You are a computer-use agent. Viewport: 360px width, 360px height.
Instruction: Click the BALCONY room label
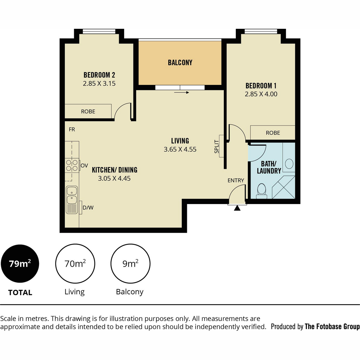point(180,63)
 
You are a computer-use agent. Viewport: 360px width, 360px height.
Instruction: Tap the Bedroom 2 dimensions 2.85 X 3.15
point(99,83)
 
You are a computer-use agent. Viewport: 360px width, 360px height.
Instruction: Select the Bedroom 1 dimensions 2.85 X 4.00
point(261,94)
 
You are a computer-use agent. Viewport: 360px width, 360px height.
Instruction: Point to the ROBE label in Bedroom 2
point(88,112)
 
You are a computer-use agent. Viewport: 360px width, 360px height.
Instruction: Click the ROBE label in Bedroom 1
point(273,133)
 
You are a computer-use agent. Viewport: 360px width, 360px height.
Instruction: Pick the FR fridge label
point(72,130)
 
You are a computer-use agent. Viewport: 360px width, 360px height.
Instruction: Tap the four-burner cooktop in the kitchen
point(72,166)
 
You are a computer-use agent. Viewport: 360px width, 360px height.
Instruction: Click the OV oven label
point(84,166)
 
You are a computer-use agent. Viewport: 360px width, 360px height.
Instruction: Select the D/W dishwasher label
point(88,208)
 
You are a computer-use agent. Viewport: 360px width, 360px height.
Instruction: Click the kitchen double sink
point(72,200)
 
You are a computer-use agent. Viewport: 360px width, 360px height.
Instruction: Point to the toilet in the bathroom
point(262,191)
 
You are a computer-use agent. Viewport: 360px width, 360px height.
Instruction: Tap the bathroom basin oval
point(289,164)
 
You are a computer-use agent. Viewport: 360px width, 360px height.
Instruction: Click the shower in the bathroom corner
point(283,187)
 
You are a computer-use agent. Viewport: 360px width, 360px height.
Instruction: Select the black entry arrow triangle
point(237,208)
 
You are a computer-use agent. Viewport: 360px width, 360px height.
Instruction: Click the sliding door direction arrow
point(181,92)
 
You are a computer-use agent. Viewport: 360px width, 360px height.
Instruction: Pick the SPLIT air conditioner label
point(217,147)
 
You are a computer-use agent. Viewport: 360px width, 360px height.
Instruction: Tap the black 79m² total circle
point(20,264)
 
